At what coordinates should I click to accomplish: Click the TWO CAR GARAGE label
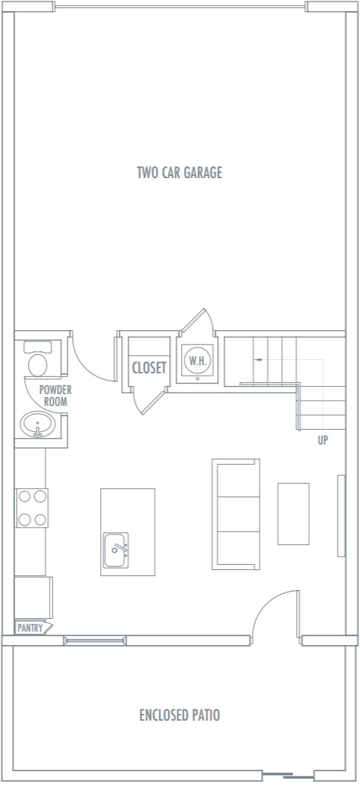tap(180, 173)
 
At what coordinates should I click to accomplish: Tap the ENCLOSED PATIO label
tap(180, 715)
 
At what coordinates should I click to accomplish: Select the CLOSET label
tap(149, 368)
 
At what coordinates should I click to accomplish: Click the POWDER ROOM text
tap(55, 396)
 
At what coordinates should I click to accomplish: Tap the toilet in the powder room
tap(38, 359)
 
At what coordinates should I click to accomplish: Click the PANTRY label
tap(30, 628)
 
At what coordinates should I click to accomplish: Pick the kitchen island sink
tap(116, 551)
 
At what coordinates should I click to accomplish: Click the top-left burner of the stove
tap(24, 497)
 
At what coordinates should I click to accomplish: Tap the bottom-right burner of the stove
tap(41, 520)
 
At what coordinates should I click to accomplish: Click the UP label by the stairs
tap(322, 441)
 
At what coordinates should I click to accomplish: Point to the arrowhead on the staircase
tap(258, 359)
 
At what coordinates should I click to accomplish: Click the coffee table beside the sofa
tap(293, 514)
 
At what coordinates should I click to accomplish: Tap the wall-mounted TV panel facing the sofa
tap(341, 516)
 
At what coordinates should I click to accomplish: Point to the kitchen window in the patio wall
tap(95, 640)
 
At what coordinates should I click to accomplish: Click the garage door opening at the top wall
tap(180, 7)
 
